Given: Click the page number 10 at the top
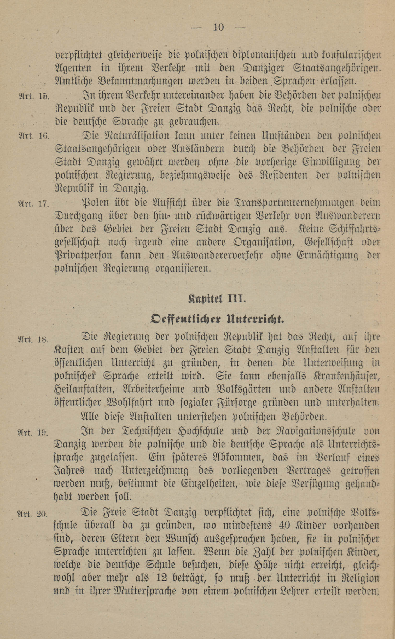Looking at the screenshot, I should point(219,27).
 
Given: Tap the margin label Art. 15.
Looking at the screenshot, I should point(34,96).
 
